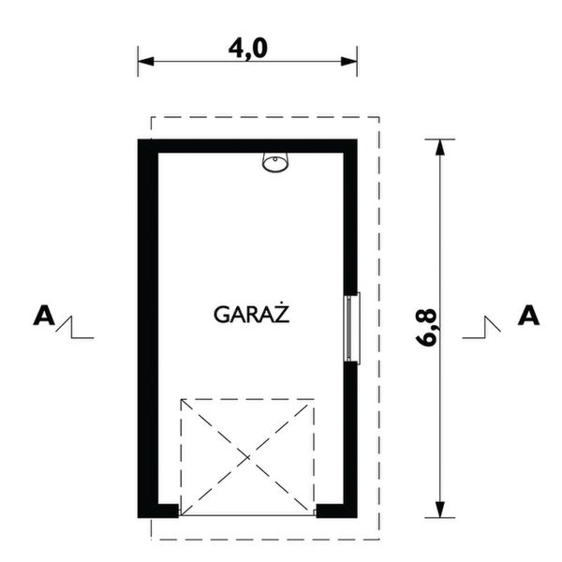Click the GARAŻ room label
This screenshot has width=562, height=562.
pyautogui.click(x=250, y=314)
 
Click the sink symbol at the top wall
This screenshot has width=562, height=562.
pyautogui.click(x=276, y=163)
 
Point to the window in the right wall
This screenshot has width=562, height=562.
pyautogui.click(x=352, y=327)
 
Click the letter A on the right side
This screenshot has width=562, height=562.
pyautogui.click(x=529, y=315)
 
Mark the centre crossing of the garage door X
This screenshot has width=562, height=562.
pyautogui.click(x=248, y=456)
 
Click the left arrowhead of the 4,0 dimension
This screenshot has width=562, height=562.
pyautogui.click(x=144, y=63)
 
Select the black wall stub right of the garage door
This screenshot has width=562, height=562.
pyautogui.click(x=333, y=510)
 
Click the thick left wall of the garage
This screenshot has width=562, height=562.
pyautogui.click(x=147, y=328)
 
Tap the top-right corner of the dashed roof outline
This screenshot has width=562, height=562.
pyautogui.click(x=378, y=117)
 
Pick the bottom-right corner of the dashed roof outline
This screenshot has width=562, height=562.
pyautogui.click(x=378, y=539)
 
